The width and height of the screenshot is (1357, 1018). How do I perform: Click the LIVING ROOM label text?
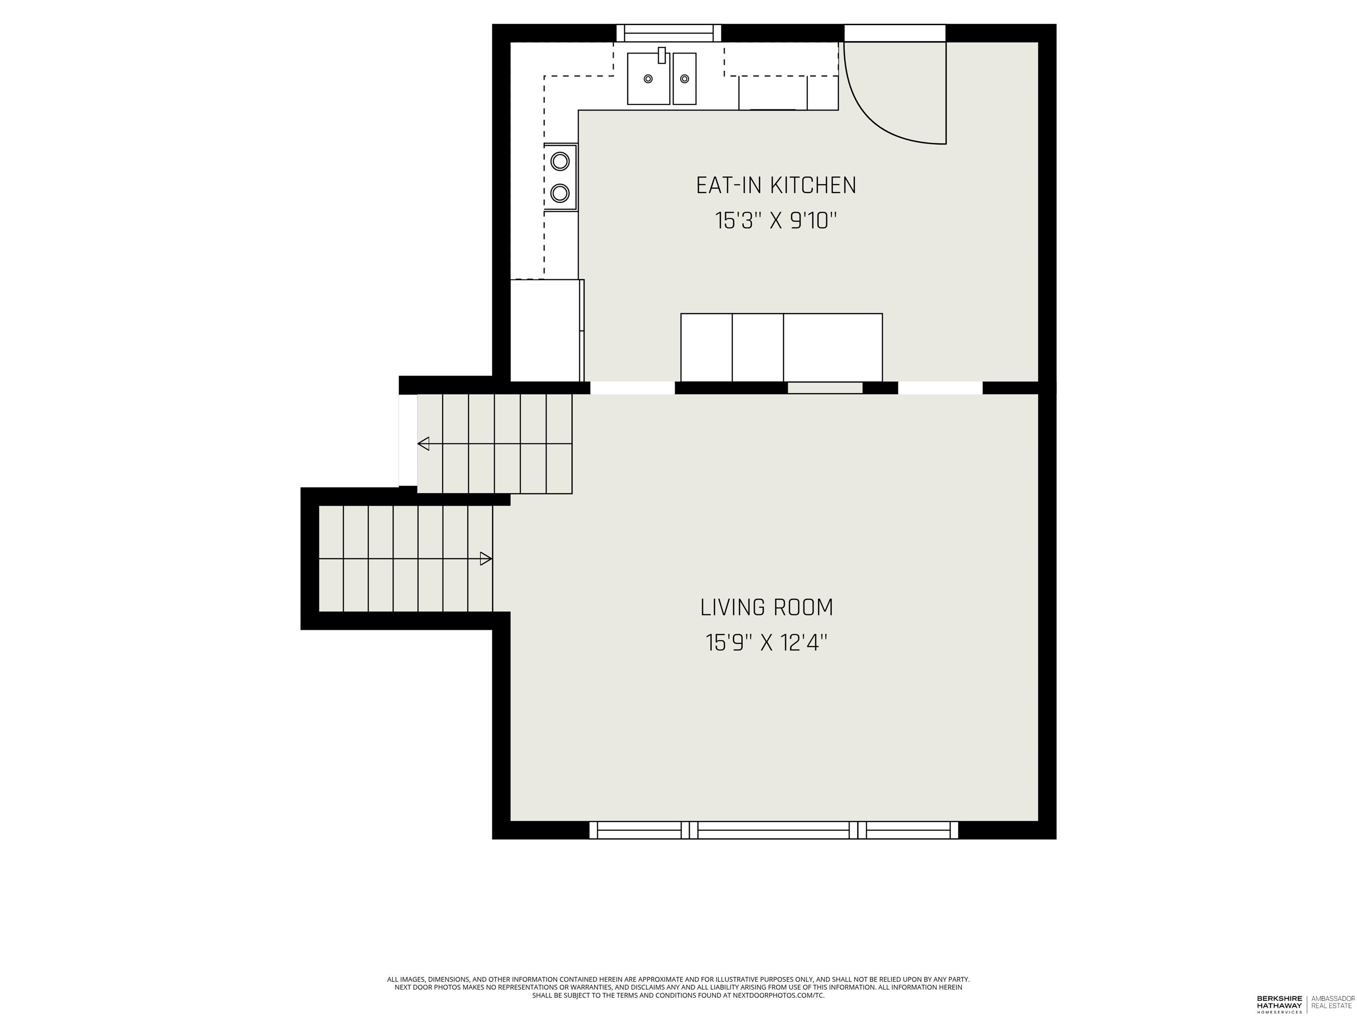(767, 608)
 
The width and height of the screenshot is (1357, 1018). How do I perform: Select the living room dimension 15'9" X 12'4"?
(766, 643)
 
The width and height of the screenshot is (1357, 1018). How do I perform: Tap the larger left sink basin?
(648, 79)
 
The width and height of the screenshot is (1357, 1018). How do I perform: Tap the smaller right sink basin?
(685, 79)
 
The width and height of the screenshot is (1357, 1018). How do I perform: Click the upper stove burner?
(560, 161)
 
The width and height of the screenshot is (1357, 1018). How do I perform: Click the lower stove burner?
(560, 193)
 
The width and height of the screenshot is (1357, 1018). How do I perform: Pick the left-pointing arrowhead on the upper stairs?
(423, 444)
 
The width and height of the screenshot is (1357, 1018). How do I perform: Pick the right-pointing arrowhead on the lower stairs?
(486, 559)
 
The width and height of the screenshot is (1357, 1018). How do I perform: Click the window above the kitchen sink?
(669, 33)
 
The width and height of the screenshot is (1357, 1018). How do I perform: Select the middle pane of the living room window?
(773, 830)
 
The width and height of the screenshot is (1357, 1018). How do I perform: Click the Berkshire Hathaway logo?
(1279, 1004)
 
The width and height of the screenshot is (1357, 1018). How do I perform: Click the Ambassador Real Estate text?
(1332, 1003)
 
